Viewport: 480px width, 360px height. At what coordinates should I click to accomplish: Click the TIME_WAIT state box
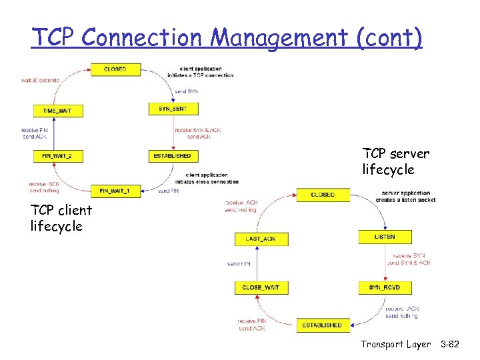tap(58, 110)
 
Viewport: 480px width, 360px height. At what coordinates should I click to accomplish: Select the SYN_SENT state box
tap(173, 108)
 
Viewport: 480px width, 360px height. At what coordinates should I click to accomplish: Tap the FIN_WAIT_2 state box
tap(58, 156)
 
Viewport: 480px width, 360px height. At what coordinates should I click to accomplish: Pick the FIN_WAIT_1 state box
tap(115, 191)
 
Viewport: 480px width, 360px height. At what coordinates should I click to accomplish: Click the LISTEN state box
tap(385, 237)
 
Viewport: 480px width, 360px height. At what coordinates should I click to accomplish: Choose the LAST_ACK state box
tap(261, 238)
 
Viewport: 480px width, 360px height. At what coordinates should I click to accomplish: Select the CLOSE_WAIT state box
tap(261, 287)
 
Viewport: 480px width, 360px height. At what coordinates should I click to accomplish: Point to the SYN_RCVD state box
tap(385, 287)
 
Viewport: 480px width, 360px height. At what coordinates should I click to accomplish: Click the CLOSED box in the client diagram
tap(115, 69)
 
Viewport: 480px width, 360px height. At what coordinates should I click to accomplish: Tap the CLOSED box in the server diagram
tap(323, 194)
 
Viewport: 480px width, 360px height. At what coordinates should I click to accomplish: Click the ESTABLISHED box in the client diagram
tap(173, 156)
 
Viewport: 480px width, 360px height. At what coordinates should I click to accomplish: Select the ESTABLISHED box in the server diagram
tap(322, 325)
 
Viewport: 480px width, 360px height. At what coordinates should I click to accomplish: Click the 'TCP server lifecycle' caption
tap(395, 162)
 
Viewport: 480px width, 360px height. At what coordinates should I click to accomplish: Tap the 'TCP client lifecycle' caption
tap(61, 218)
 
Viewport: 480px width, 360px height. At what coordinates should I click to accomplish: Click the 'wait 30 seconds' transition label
tap(40, 80)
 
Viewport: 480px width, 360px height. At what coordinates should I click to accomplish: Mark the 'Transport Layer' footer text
tap(397, 344)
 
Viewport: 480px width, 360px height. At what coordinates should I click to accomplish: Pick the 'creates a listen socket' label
tap(405, 200)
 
